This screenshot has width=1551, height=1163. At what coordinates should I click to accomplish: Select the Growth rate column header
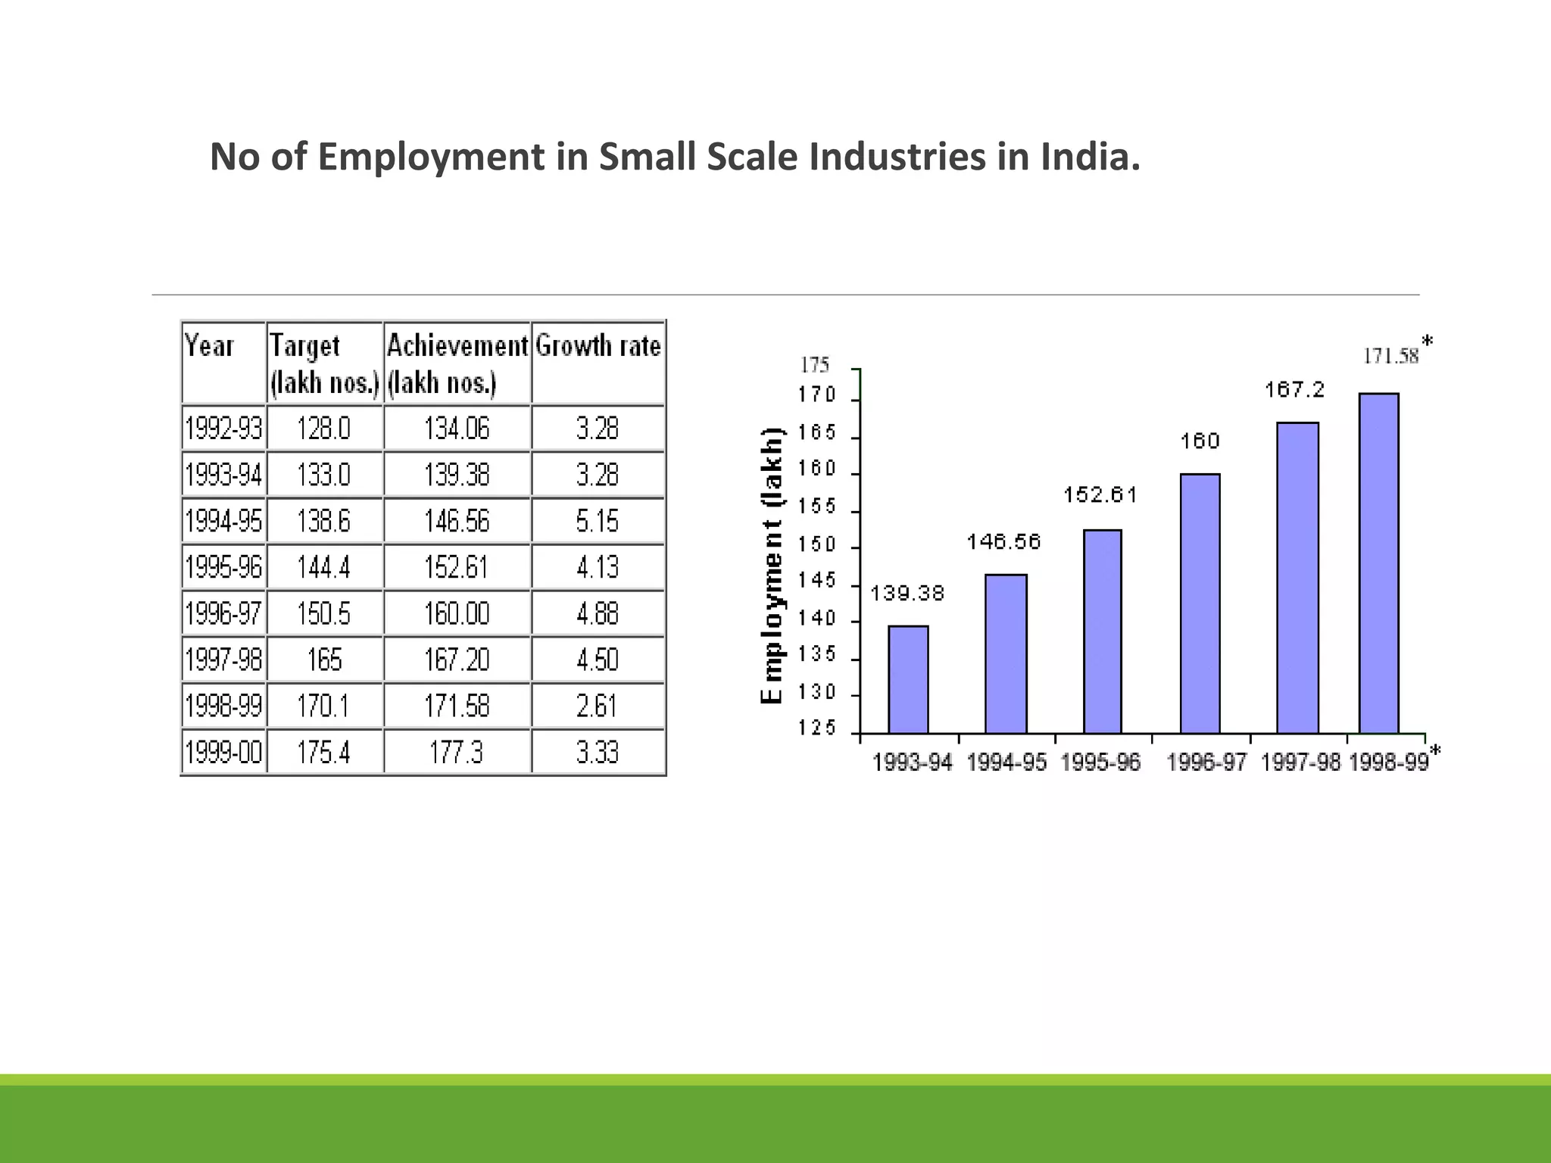point(598,347)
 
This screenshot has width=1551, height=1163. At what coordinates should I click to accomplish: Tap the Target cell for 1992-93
point(324,429)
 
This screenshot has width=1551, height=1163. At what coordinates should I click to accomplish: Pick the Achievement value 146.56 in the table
point(457,521)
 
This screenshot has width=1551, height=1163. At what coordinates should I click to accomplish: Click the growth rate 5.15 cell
point(598,521)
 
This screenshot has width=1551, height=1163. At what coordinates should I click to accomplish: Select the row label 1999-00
point(223,753)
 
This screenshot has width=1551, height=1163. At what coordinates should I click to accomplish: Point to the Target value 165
point(324,659)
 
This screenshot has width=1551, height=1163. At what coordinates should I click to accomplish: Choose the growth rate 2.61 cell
point(598,706)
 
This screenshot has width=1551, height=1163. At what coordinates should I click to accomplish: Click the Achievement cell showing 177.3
point(457,753)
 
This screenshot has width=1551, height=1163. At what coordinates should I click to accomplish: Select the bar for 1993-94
point(908,679)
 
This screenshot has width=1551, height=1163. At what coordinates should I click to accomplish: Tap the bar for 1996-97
point(1200,603)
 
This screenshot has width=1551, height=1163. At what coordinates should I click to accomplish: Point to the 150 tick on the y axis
point(816,545)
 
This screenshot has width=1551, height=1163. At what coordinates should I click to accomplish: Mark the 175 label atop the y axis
point(815,365)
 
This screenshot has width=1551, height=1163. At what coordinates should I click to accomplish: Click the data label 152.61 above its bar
point(1100,495)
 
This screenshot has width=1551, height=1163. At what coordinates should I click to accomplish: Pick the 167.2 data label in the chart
point(1294,390)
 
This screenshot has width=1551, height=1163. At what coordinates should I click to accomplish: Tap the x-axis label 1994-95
point(1006,762)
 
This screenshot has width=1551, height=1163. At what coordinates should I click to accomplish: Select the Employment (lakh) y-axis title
point(772,566)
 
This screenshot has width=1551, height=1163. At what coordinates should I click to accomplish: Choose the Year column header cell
point(223,362)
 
